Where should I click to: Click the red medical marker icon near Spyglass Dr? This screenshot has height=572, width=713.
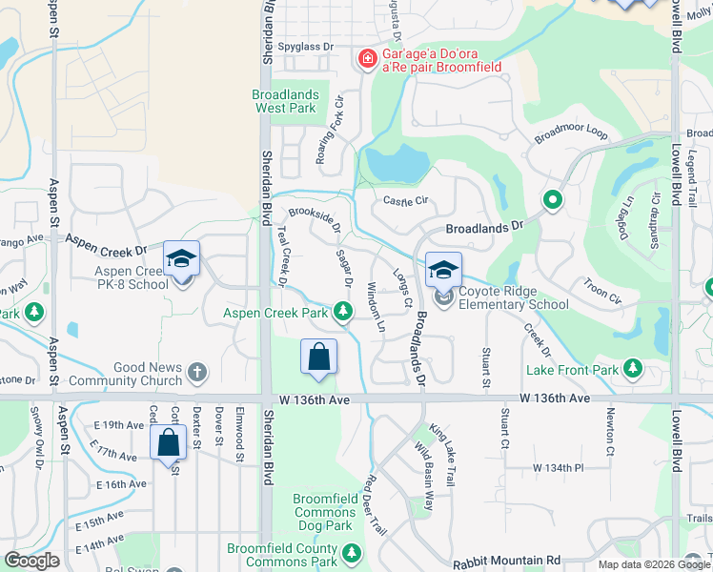(367, 60)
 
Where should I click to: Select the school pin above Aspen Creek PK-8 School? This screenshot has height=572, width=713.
(181, 258)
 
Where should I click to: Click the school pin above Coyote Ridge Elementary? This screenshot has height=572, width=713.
(443, 271)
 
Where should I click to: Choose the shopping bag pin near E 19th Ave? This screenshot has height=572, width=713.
(169, 444)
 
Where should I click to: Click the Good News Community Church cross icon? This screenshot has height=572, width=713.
(197, 372)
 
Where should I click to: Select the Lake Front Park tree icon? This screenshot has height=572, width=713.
(631, 368)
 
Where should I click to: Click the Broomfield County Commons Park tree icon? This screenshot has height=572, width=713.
(352, 553)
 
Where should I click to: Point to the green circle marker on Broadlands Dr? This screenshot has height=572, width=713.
(551, 200)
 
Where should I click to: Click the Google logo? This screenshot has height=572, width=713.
(31, 561)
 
